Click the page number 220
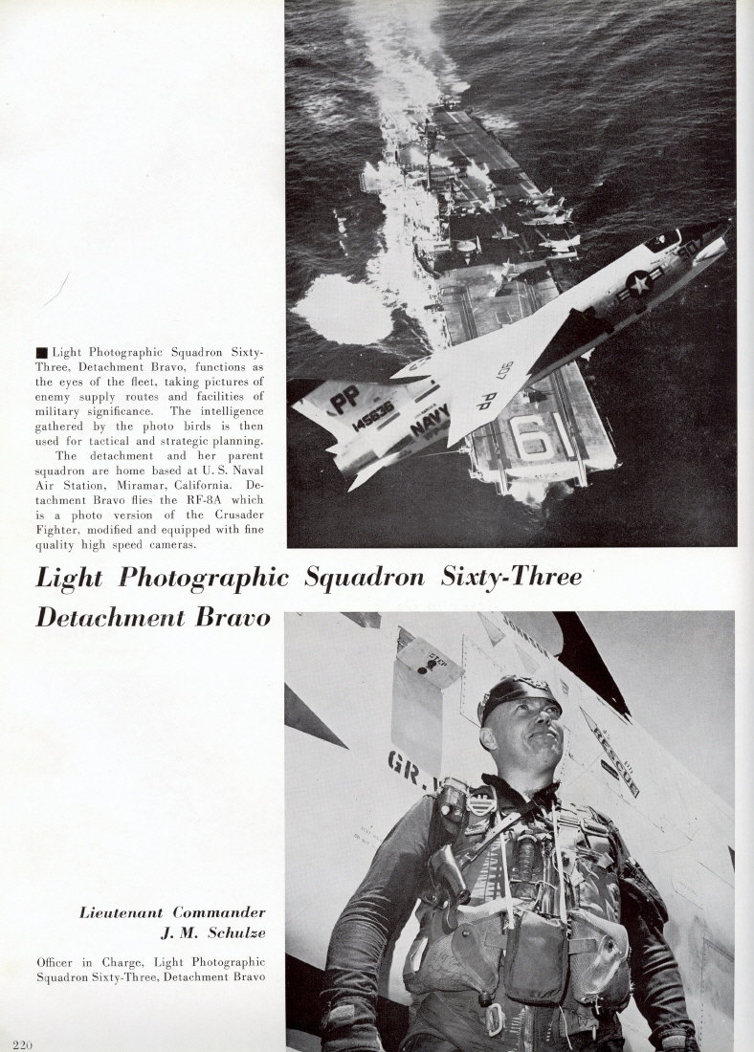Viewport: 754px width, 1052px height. pos(24,1043)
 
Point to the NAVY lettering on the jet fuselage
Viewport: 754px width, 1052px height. pos(430,420)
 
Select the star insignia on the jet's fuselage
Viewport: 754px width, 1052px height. pos(637,282)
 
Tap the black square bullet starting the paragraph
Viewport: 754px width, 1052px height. pos(41,353)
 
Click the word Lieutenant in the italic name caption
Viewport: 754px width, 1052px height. pos(121,912)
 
